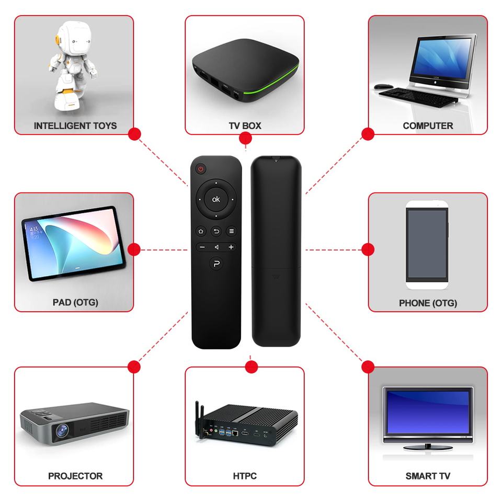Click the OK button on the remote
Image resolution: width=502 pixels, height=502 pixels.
(x=216, y=199)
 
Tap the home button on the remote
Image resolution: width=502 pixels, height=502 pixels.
(x=201, y=231)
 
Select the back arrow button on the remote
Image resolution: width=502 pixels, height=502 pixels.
(x=216, y=231)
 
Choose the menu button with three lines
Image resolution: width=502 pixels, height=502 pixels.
(x=231, y=231)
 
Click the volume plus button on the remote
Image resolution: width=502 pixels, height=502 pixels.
(x=231, y=247)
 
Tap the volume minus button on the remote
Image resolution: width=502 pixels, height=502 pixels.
(x=201, y=247)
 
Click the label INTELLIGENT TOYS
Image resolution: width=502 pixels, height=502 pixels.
(x=75, y=125)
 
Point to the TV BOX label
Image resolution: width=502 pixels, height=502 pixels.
(x=245, y=125)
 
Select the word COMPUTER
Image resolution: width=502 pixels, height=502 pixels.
(x=428, y=125)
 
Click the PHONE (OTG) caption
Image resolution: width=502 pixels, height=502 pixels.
(x=428, y=303)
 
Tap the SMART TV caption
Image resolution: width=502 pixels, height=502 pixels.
(x=428, y=476)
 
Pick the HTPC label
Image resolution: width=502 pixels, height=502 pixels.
(x=245, y=476)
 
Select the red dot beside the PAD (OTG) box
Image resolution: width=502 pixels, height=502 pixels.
(x=134, y=249)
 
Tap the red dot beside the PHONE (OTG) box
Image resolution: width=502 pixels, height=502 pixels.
(x=368, y=249)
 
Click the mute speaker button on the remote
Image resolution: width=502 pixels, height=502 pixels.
(x=216, y=247)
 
